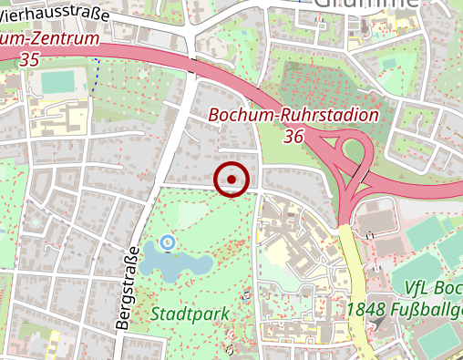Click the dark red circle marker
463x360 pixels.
(231, 180)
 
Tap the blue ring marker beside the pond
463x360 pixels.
(166, 242)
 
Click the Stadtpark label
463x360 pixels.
(190, 314)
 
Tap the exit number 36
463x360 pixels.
(293, 136)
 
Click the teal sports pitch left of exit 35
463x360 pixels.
(57, 82)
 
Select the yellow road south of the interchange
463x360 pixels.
(356, 273)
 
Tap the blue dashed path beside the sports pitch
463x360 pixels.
(96, 70)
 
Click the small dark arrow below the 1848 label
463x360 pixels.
(368, 333)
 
